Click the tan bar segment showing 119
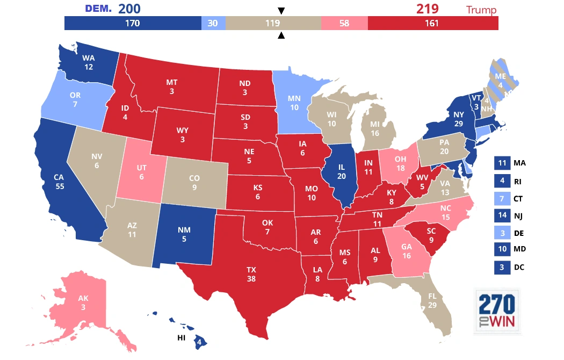(x=273, y=23)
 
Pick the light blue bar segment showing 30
(x=213, y=23)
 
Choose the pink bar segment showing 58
(x=344, y=23)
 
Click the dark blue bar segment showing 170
(x=133, y=23)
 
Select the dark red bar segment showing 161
(x=432, y=23)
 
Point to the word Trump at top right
(x=481, y=10)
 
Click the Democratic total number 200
(x=131, y=9)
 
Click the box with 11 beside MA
(x=502, y=163)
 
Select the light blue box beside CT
(x=502, y=198)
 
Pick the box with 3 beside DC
(x=502, y=268)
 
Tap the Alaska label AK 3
(x=83, y=303)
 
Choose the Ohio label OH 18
(x=400, y=164)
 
